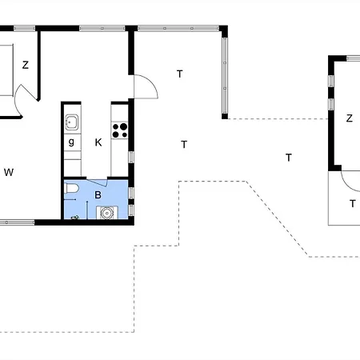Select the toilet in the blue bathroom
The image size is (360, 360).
72,189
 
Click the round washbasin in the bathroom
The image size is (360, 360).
105,213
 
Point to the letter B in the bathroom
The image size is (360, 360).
98,194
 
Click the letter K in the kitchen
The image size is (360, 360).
98,142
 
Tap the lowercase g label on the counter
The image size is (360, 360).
72,142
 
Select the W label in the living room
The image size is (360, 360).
9,172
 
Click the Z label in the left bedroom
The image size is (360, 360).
26,66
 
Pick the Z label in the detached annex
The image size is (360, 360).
349,118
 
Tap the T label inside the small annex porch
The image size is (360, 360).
352,203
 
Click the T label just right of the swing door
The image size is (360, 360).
180,74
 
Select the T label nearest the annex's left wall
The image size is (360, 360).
288,158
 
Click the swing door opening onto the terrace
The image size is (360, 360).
144,86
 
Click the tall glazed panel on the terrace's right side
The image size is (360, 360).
223,72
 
